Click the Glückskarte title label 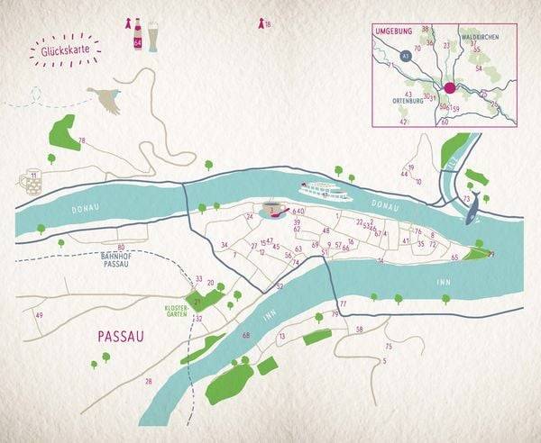(x=63, y=52)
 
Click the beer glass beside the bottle (x=152, y=35)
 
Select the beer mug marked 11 (x=32, y=181)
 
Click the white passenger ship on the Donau (x=325, y=191)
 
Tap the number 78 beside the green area (x=81, y=140)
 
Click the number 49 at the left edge (x=39, y=314)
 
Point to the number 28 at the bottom (x=149, y=381)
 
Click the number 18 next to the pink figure (x=268, y=24)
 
